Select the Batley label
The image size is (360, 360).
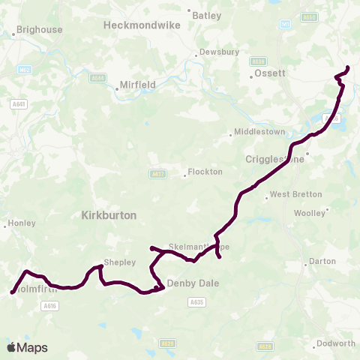click(x=207, y=15)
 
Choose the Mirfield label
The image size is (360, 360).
click(x=138, y=85)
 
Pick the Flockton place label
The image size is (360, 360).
click(x=205, y=172)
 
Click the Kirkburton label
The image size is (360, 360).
click(x=108, y=214)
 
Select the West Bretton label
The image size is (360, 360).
click(x=295, y=194)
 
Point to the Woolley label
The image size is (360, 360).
click(x=310, y=212)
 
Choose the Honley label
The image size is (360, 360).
click(x=20, y=223)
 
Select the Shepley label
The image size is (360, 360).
click(x=120, y=262)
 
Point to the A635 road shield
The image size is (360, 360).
click(x=196, y=301)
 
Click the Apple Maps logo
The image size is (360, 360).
click(x=27, y=347)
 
